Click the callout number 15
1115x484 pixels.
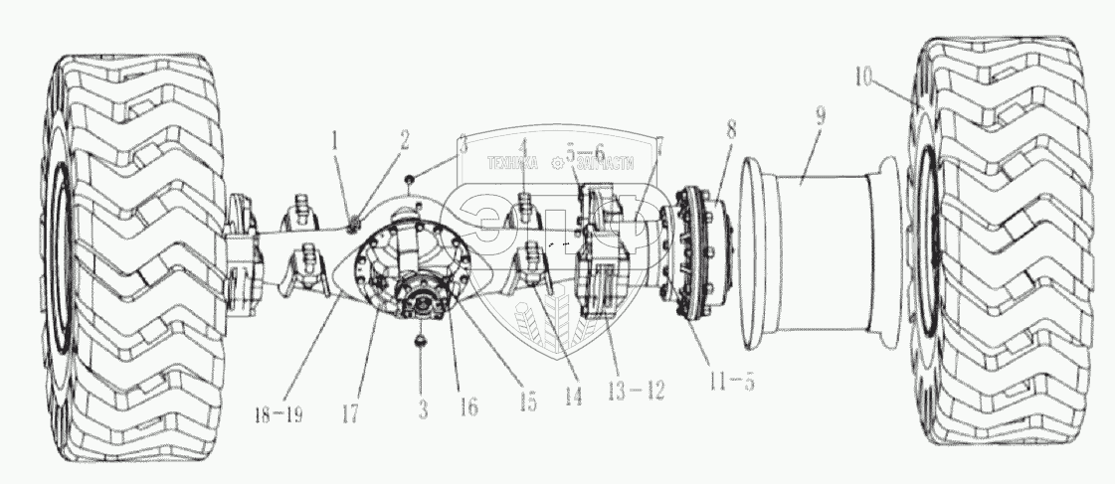pyautogui.click(x=527, y=401)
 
